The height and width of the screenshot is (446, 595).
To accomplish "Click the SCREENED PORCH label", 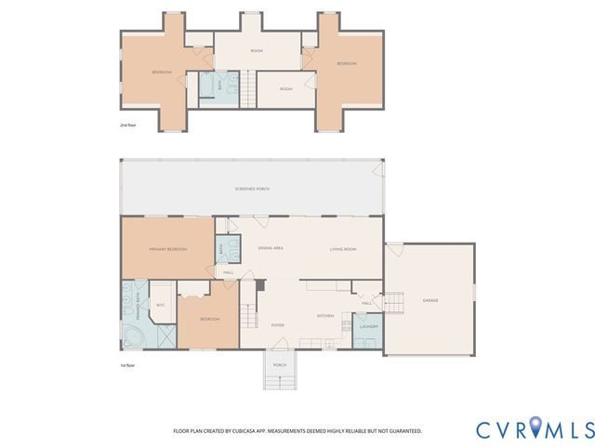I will tap(251, 189).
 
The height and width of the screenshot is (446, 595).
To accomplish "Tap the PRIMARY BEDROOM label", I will tap(167, 249).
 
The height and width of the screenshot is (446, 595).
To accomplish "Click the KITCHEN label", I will tap(324, 316).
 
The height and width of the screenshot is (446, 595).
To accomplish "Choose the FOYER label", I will tap(277, 325).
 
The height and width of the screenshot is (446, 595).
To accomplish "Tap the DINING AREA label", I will tap(271, 249).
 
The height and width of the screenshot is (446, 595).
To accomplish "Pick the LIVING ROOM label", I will tap(344, 249).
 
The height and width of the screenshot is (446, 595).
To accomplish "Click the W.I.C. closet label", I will tap(160, 305).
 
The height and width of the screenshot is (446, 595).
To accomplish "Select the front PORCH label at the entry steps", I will tap(279, 365).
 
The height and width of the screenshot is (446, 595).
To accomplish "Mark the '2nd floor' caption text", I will tap(129, 124).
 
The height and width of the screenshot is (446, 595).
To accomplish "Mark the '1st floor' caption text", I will tap(129, 366).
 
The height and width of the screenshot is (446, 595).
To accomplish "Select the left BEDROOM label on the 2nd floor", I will tap(163, 72).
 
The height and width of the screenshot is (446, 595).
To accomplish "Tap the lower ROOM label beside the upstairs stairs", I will tap(286, 89).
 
